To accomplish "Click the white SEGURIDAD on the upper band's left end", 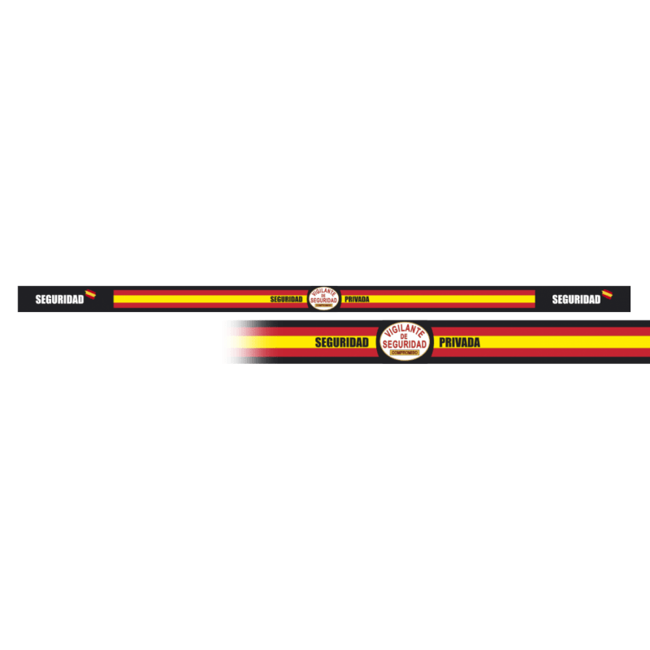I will [x=59, y=299].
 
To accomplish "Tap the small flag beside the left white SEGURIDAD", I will [x=91, y=294].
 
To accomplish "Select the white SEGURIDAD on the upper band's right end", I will [x=576, y=299].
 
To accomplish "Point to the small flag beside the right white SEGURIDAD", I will [x=607, y=294].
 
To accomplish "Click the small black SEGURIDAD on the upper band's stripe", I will [x=286, y=299].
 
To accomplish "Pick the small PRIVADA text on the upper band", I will [x=357, y=299].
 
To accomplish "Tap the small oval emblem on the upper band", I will [x=323, y=298].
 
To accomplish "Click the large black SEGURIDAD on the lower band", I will [x=341, y=342].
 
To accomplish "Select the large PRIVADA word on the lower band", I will [x=459, y=342].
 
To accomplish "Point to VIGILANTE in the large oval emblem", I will [x=405, y=331].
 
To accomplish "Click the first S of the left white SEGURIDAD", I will [x=38, y=299].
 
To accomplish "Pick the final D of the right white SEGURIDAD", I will [x=597, y=299].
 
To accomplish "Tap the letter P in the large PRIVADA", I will [x=442, y=342].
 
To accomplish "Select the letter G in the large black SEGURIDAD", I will [x=331, y=342].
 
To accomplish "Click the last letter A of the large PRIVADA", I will [x=476, y=342].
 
